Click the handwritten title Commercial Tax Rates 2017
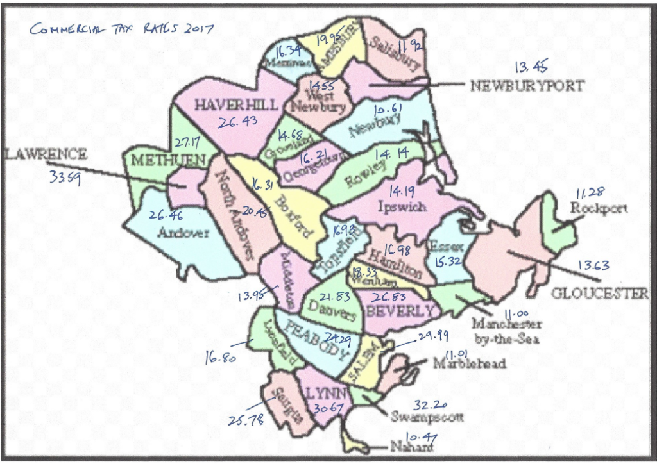click(121, 28)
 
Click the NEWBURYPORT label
click(527, 86)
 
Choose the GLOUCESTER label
click(600, 294)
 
